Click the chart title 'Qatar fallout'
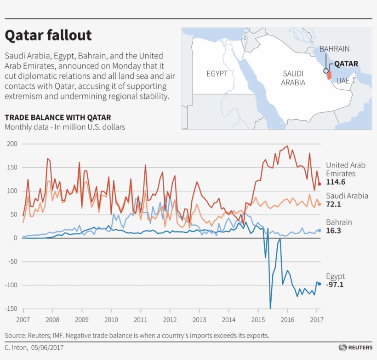[48, 35]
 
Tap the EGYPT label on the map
[217, 74]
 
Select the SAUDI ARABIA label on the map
[293, 78]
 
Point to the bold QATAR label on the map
[346, 64]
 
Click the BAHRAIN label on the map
[334, 49]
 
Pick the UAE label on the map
[343, 80]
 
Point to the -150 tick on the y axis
[11, 309]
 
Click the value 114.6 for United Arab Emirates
[336, 182]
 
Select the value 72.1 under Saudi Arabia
[334, 204]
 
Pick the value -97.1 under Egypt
[335, 285]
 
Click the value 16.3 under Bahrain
[334, 231]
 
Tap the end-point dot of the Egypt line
[319, 284]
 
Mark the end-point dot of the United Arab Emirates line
[319, 184]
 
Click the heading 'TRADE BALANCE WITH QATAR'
[57, 117]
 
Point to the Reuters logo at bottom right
[355, 347]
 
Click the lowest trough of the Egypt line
[270, 308]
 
